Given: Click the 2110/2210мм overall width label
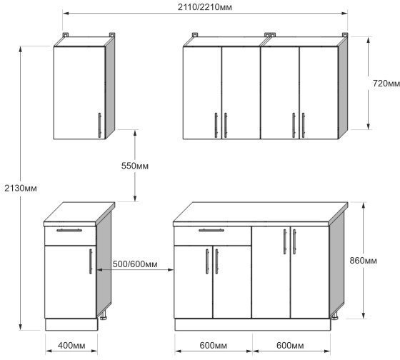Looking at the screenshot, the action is [x=204, y=7].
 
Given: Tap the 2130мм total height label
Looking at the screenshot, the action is [x=21, y=189].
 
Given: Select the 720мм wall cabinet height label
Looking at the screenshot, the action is [x=386, y=83].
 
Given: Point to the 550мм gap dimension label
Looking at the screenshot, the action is [x=135, y=166].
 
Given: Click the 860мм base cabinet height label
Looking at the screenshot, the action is [x=363, y=261].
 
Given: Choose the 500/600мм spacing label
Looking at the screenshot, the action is [x=135, y=264].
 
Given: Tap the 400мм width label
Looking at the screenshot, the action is [x=71, y=346].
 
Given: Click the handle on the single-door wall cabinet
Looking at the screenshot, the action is [x=99, y=125].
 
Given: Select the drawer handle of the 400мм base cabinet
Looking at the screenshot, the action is [x=69, y=230].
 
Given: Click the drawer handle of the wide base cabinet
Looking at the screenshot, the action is [x=211, y=230].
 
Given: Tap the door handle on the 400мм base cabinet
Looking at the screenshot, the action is [x=91, y=261].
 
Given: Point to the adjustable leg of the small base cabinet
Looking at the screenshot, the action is [x=104, y=316].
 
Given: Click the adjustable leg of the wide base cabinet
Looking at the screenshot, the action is [x=334, y=316].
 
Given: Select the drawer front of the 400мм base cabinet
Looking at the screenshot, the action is [x=70, y=236].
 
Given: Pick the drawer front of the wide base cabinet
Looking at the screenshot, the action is [x=213, y=236].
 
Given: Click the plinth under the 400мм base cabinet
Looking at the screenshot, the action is [x=71, y=324].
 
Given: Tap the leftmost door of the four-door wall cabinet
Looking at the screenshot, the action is [x=202, y=93].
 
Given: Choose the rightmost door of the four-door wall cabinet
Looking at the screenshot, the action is [x=319, y=93].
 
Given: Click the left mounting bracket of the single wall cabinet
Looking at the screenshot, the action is [x=66, y=35].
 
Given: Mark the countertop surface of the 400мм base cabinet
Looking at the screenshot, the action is [x=79, y=211].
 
